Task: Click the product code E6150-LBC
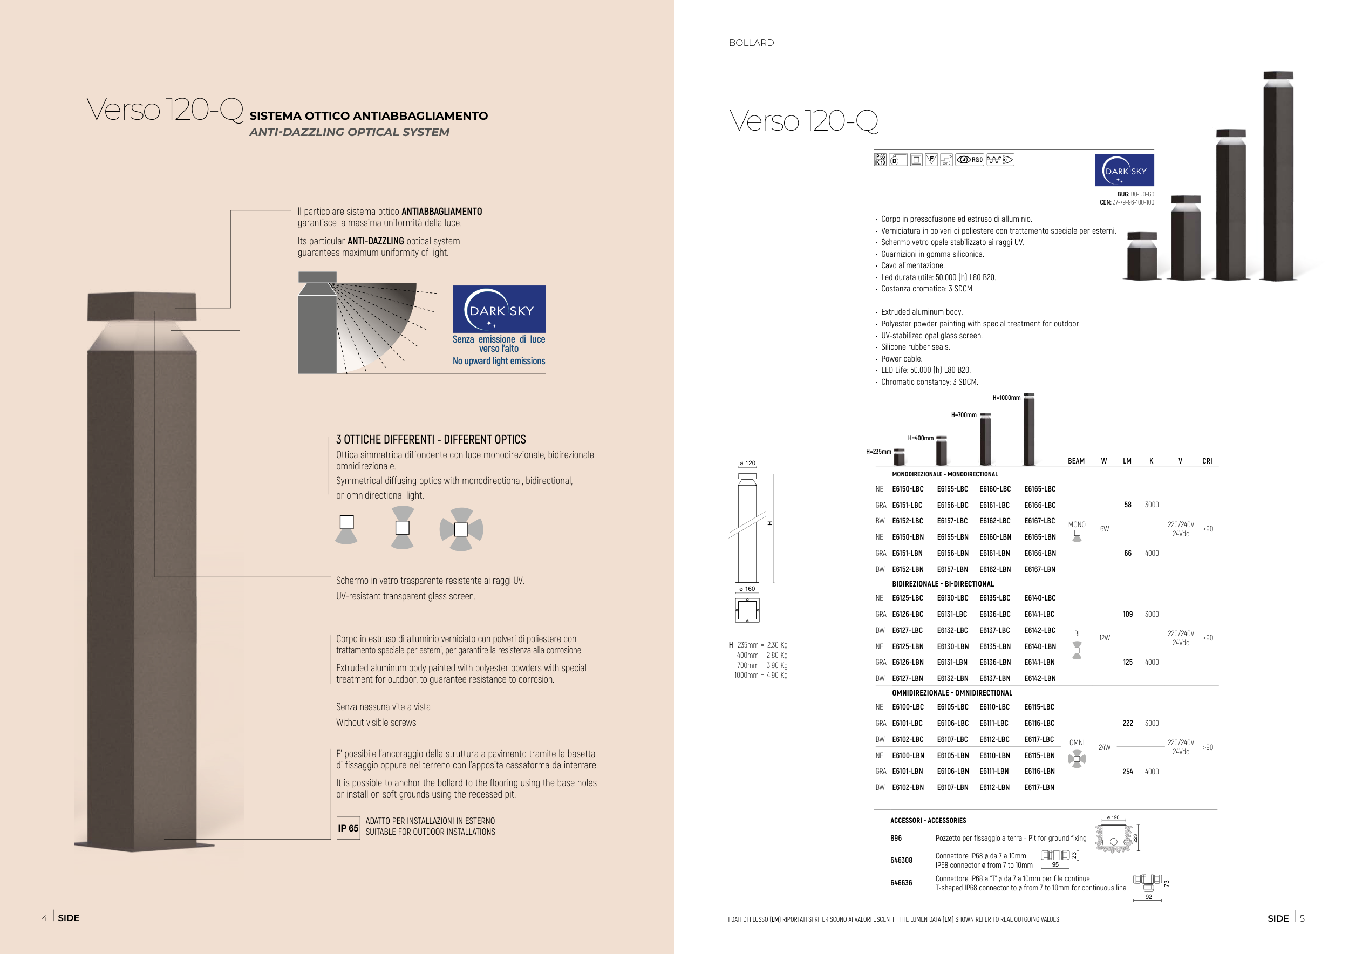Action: [x=907, y=489]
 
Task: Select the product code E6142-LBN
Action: [x=1039, y=678]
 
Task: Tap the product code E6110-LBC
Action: [x=994, y=707]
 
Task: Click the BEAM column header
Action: [x=1076, y=461]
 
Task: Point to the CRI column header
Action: [x=1207, y=461]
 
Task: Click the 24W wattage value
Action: [x=1104, y=748]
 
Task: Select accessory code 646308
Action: [x=901, y=861]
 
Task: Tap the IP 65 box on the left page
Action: [x=348, y=828]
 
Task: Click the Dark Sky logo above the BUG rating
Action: [x=1124, y=171]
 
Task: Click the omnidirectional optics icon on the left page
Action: [x=461, y=529]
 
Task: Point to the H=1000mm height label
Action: [x=1006, y=398]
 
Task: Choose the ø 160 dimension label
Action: [x=747, y=589]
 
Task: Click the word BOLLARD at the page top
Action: [x=751, y=43]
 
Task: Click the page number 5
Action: [x=1302, y=918]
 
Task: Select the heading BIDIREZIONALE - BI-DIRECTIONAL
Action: [x=943, y=584]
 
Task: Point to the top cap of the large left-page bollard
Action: [x=141, y=306]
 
